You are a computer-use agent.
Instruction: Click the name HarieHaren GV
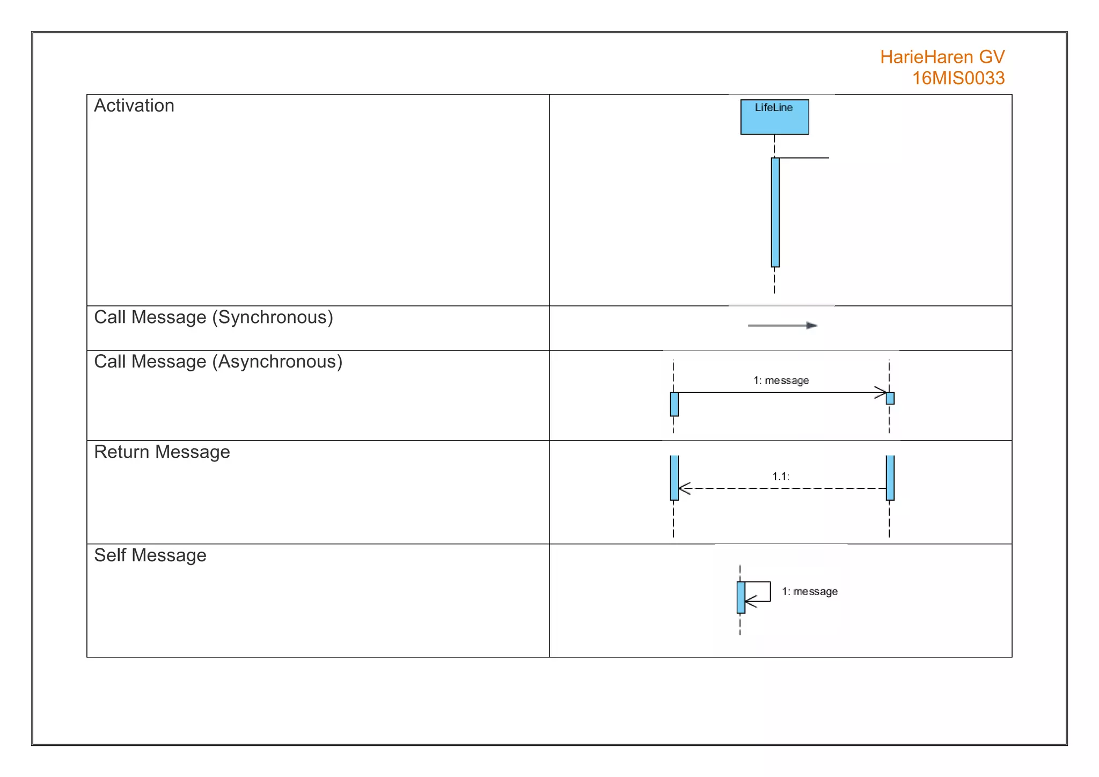coord(942,57)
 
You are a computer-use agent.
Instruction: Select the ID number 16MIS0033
coord(958,78)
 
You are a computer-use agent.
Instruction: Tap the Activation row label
coord(134,106)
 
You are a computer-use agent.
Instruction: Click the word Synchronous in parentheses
coord(273,317)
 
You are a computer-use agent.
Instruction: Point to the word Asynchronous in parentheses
coord(277,362)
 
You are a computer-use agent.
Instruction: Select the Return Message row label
coord(162,452)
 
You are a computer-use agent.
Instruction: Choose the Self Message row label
coord(150,555)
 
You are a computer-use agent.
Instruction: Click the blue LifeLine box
coord(774,117)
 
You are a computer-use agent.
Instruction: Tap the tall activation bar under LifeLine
coord(775,212)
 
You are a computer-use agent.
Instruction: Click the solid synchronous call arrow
coord(782,325)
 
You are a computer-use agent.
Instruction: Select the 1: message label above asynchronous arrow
coord(781,380)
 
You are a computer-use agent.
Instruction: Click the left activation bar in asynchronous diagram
coord(674,404)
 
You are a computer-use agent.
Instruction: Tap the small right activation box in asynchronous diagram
coord(890,398)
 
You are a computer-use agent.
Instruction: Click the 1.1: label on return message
coord(780,476)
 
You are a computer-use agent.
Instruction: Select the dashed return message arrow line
coord(782,488)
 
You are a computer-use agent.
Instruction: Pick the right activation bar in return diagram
coord(890,478)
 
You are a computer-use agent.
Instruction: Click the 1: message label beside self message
coord(809,591)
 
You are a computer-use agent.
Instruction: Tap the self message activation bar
coord(741,597)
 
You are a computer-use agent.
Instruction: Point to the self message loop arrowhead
coord(750,602)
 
